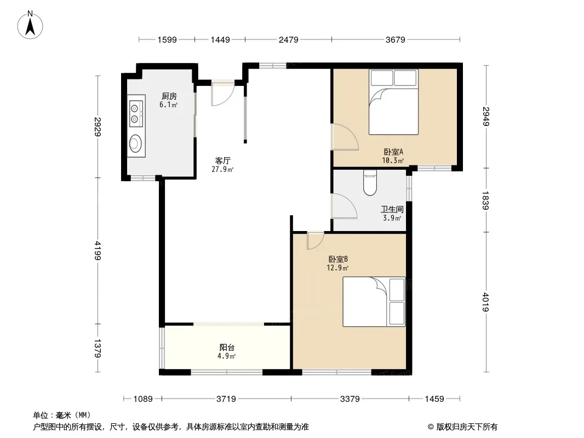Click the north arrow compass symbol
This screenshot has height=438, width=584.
tap(30, 25)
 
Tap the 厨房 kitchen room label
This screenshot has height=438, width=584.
tap(169, 96)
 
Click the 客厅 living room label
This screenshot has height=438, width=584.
tap(223, 161)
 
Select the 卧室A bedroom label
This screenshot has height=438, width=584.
tap(394, 152)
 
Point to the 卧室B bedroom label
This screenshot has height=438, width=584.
tap(338, 259)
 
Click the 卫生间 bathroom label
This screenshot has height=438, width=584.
tap(392, 210)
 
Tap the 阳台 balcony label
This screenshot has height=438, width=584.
tap(227, 348)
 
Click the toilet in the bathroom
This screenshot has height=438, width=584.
tap(370, 183)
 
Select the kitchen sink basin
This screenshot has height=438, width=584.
tap(135, 143)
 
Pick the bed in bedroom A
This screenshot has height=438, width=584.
tap(394, 102)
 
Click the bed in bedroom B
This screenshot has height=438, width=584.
tap(374, 302)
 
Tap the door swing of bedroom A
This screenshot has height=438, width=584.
tap(345, 137)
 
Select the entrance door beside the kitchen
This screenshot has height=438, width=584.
tap(223, 93)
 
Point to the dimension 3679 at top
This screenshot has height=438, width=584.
tap(395, 39)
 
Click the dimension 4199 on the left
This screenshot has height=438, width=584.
tap(98, 250)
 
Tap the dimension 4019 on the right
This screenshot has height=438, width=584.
tap(486, 302)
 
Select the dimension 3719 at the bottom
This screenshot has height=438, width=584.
tap(226, 399)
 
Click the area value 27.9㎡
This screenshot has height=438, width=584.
tap(223, 170)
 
